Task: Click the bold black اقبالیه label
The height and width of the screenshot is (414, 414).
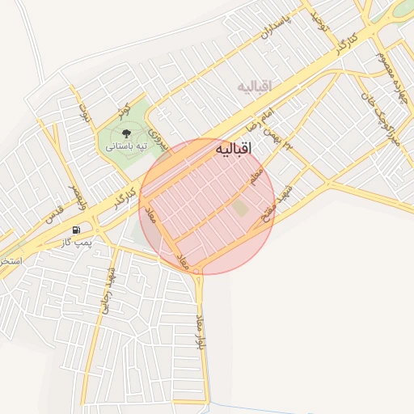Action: (x=234, y=150)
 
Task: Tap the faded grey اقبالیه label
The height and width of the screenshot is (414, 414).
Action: (x=256, y=86)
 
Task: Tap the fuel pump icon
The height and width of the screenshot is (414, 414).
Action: (x=77, y=230)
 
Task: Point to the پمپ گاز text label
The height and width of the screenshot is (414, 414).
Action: (x=78, y=242)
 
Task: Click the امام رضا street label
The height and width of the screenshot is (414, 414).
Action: (x=261, y=122)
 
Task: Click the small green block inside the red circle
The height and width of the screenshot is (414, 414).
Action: (x=240, y=208)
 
